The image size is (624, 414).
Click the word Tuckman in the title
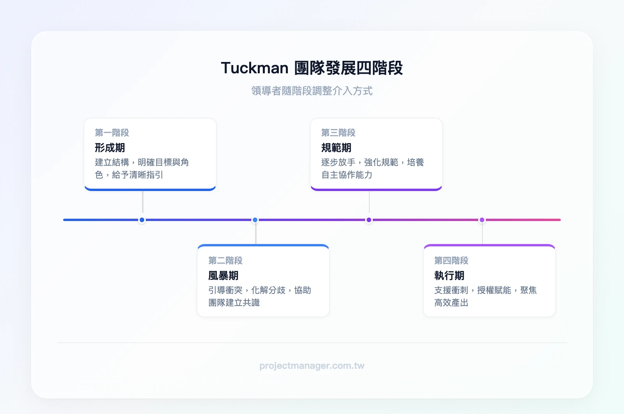point(255,68)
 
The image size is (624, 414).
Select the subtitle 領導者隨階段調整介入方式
point(312,91)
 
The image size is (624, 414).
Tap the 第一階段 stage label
point(112,133)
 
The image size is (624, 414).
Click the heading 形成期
point(110,148)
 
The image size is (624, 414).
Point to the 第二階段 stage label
point(225,260)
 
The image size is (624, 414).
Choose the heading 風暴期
point(223,276)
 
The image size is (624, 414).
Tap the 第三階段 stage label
point(338,133)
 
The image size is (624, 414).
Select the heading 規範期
point(336,148)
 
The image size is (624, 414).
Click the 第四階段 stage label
point(451,260)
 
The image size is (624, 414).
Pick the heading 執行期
point(449,276)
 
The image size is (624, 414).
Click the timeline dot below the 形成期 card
point(142,220)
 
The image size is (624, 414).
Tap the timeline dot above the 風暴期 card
point(255,220)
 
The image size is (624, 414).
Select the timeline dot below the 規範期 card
point(369,220)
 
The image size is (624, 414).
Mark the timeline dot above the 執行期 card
point(482,220)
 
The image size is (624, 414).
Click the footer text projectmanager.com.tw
point(312,366)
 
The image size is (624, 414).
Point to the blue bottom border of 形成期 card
point(150,189)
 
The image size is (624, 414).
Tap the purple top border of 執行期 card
point(489,246)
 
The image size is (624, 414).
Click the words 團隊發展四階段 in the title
point(348,68)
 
